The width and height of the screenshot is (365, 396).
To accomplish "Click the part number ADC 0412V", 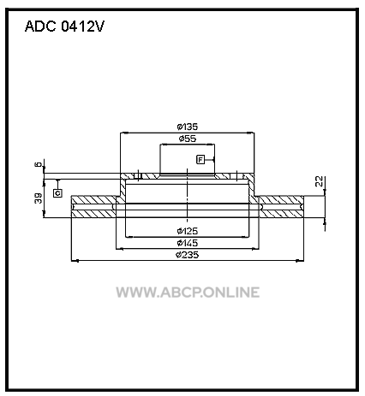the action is point(64,27).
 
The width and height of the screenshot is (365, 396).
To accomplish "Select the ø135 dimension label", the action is point(188,127).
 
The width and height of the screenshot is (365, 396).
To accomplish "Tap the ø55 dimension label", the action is point(188,139).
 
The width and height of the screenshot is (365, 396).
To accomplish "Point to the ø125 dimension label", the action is point(188,231).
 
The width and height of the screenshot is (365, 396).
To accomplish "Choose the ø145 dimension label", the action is point(188,243).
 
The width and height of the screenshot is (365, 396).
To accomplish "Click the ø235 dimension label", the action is point(188,255).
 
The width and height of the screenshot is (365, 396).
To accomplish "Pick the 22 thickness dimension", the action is point(319,181).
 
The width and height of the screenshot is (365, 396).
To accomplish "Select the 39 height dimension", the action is point(39,198).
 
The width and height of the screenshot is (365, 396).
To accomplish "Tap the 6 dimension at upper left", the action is point(38,164).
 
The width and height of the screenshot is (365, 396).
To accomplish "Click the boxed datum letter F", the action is point(200,160).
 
